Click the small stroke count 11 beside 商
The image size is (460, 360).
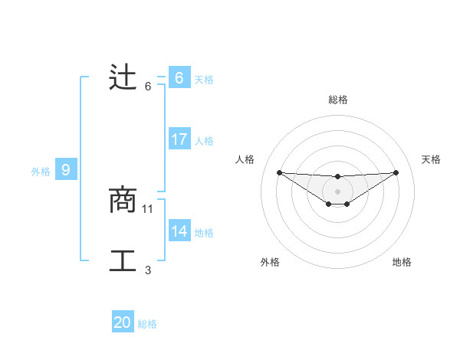148,208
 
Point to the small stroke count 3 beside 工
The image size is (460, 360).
148,270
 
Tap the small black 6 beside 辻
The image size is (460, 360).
148,86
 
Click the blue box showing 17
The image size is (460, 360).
179,139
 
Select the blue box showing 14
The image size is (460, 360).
179,231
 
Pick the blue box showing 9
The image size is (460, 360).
66,170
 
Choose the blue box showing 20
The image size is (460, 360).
123,322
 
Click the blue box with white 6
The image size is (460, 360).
179,78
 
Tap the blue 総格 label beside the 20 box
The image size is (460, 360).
147,324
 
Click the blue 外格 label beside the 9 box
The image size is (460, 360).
41,172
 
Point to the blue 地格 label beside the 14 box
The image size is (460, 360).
204,233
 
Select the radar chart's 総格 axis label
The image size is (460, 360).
338,100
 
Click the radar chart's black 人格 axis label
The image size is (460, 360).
245,159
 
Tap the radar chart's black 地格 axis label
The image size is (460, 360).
402,262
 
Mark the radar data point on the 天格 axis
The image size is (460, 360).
396,172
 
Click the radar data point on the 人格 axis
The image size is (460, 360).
279,172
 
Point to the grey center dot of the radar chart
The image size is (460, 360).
338,191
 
